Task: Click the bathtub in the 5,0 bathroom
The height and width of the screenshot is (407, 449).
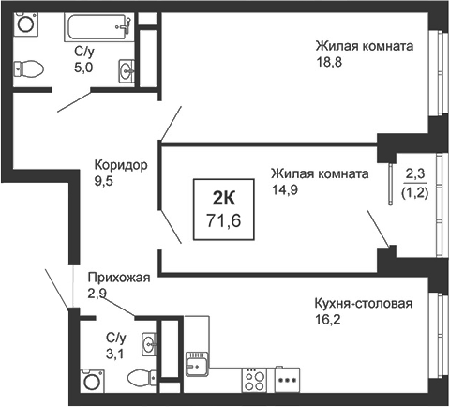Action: pyautogui.click(x=99, y=27)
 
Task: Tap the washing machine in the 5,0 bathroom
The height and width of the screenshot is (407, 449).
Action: pyautogui.click(x=25, y=23)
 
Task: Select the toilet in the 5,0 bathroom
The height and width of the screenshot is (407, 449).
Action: pyautogui.click(x=28, y=68)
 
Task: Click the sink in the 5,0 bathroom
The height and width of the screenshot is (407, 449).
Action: pyautogui.click(x=127, y=71)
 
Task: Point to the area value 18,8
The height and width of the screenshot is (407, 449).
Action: pyautogui.click(x=329, y=62)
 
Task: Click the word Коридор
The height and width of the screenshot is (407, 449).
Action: pyautogui.click(x=121, y=165)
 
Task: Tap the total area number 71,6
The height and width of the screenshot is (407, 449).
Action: pyautogui.click(x=224, y=220)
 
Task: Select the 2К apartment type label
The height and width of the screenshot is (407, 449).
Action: pyautogui.click(x=224, y=198)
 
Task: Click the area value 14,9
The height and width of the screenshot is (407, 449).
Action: pyautogui.click(x=284, y=189)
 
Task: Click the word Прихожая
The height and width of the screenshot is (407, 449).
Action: pyautogui.click(x=119, y=278)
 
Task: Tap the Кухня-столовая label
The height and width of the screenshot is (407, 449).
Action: pyautogui.click(x=364, y=303)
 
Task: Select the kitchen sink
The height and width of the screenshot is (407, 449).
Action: pyautogui.click(x=197, y=364)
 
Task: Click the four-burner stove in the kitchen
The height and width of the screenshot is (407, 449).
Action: pyautogui.click(x=254, y=380)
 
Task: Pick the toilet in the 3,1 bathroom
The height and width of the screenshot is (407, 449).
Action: pyautogui.click(x=142, y=377)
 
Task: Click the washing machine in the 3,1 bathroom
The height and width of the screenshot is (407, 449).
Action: pyautogui.click(x=92, y=381)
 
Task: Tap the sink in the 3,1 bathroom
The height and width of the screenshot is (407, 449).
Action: pyautogui.click(x=149, y=344)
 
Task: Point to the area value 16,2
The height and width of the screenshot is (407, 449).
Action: pyautogui.click(x=327, y=320)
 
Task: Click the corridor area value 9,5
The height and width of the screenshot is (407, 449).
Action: pyautogui.click(x=103, y=181)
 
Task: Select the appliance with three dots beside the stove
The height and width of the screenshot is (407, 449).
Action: pyautogui.click(x=287, y=380)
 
